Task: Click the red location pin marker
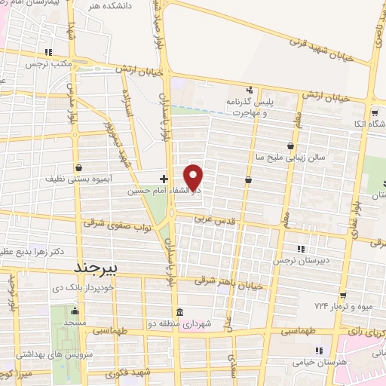coord(194,177)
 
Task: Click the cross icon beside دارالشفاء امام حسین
coord(163,179)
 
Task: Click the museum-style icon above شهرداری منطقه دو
coord(179,312)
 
